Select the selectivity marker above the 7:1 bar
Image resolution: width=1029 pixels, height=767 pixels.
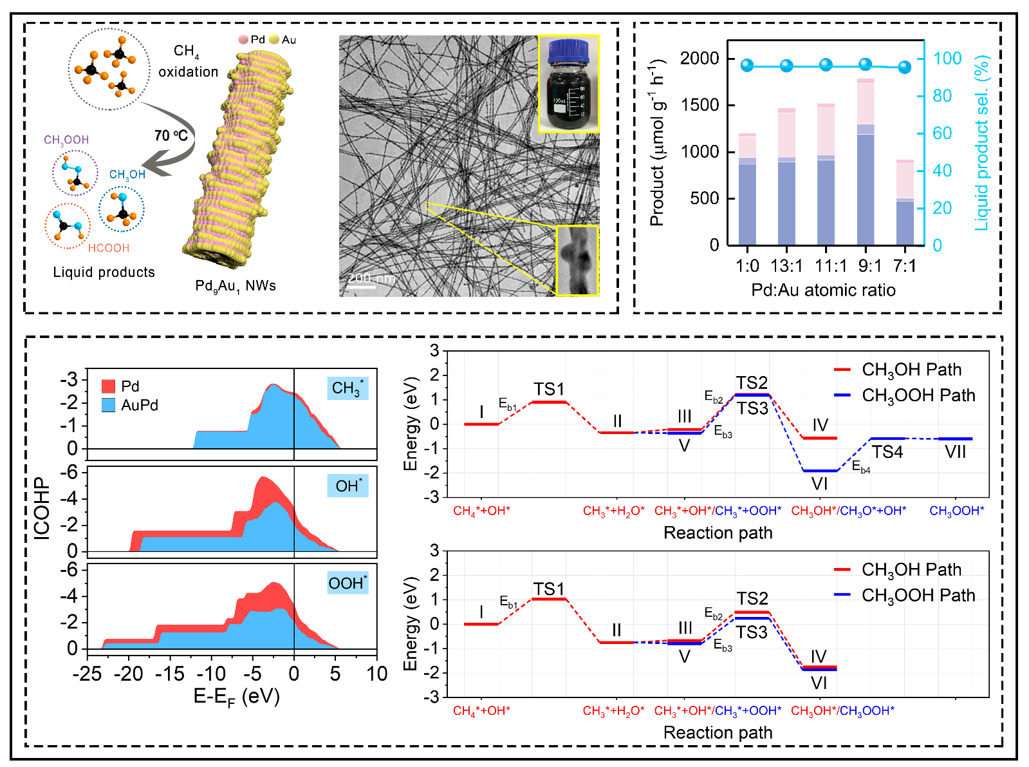[x=905, y=67]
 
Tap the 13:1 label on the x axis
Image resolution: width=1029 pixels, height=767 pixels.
[x=786, y=266]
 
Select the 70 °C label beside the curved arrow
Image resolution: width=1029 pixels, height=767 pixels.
[x=171, y=135]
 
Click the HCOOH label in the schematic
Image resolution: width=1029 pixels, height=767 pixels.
[x=109, y=248]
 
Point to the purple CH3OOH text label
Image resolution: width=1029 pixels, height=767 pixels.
[x=66, y=140]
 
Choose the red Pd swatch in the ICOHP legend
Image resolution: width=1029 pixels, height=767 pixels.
[x=108, y=386]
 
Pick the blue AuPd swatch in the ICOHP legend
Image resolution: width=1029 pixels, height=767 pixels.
[x=108, y=405]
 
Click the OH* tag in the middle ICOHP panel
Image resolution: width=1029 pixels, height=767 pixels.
[x=348, y=486]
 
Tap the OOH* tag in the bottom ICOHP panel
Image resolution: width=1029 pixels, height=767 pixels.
[x=348, y=583]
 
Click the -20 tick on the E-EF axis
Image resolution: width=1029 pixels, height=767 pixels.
[x=128, y=674]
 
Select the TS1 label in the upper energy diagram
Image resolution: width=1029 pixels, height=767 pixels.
[x=548, y=389]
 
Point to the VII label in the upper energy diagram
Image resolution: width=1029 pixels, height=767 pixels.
[x=955, y=452]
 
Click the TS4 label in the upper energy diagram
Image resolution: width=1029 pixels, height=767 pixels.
[x=887, y=452]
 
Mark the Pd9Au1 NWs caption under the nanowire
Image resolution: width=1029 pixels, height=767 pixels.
[x=236, y=286]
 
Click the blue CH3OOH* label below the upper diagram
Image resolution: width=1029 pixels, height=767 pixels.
[x=956, y=511]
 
